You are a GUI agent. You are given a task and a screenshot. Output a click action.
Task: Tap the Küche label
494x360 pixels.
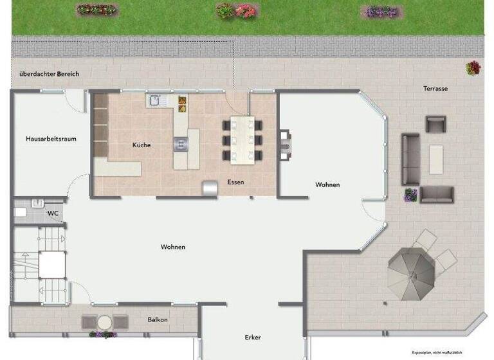pos(142,145)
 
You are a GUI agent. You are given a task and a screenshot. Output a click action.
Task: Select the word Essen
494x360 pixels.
pos(235,183)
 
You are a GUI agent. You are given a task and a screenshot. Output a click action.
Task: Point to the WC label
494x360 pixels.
pos(53,213)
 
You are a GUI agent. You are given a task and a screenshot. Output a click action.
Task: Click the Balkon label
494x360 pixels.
pos(158,319)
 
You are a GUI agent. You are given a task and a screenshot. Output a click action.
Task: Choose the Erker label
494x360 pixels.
pos(253,337)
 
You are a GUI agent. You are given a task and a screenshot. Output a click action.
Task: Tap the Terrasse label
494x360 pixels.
pos(435,89)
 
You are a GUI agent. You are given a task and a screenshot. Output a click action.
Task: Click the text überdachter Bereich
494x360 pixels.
pos(49,74)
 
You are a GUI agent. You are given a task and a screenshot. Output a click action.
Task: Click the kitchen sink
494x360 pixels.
pos(155,100)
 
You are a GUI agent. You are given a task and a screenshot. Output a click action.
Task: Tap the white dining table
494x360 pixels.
pos(243,139)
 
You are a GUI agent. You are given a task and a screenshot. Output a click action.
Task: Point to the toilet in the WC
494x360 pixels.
pos(21,212)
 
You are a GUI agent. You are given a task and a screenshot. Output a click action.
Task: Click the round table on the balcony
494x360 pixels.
pos(104,321)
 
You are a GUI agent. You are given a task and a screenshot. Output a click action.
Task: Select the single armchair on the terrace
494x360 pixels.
pos(435,123)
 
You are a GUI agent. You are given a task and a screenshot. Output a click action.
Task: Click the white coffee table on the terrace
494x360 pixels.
pos(436,159)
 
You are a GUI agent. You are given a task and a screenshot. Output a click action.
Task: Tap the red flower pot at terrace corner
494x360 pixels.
pos(473,67)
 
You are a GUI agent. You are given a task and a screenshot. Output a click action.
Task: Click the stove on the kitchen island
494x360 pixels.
pos(180,143)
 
